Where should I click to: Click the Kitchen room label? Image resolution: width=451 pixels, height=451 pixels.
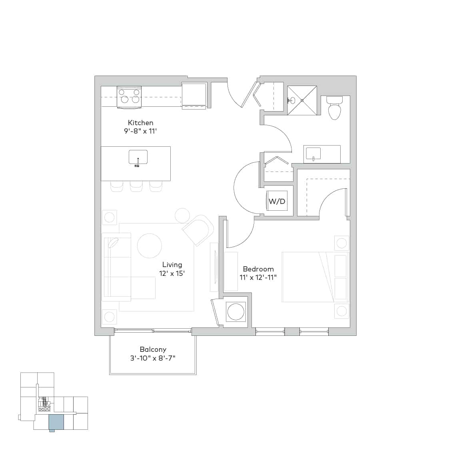coord(140,123)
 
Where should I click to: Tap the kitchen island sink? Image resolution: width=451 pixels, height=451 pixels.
coord(138,157)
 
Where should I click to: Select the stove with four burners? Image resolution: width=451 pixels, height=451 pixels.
coord(130,97)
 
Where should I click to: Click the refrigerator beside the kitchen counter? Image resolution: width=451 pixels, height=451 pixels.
coord(194,95)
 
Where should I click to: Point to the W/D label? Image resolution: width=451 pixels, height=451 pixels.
coord(277,201)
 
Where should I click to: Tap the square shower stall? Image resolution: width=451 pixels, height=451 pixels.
coord(302,100)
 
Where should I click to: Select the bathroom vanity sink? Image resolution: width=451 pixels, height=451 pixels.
coord(313,153)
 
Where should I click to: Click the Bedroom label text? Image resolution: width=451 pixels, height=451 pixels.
coord(258,269)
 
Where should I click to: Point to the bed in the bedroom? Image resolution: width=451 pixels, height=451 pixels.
coord(315,277)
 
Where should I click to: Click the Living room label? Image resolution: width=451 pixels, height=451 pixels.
coord(172,265)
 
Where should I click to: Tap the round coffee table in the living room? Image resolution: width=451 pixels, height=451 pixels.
coord(150,246)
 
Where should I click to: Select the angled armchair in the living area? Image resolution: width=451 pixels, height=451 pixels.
coord(198,230)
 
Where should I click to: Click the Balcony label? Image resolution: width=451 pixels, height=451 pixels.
coord(153,349)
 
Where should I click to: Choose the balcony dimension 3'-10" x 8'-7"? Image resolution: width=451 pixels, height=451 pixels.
coord(153,358)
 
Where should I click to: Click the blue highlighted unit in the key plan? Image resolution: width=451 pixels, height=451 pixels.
coord(56,422)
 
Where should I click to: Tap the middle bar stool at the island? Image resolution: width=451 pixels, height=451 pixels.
coord(136,186)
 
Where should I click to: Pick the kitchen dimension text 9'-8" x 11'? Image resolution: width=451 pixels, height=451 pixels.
coord(140,131)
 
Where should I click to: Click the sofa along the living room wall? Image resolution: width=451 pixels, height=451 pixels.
coord(117,266)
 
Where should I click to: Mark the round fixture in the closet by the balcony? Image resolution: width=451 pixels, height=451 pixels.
coord(235,311)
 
